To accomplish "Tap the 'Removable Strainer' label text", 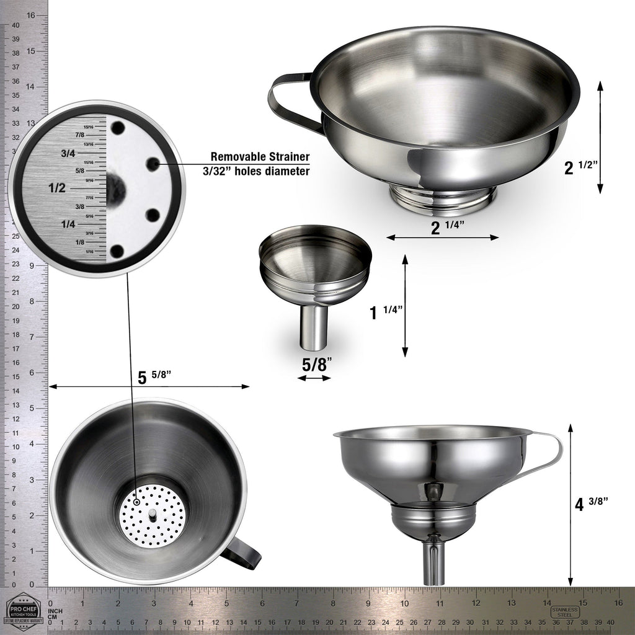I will [260, 156].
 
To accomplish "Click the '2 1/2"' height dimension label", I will [580, 167].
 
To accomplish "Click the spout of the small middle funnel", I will [314, 328].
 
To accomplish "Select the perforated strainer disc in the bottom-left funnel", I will [153, 515].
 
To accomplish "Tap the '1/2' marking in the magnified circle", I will [57, 188].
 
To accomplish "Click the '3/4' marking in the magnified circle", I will [68, 153].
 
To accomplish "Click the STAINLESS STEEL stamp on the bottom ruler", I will [565, 611].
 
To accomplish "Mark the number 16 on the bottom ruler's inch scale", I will [618, 602].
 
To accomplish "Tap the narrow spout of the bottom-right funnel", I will [434, 562].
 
